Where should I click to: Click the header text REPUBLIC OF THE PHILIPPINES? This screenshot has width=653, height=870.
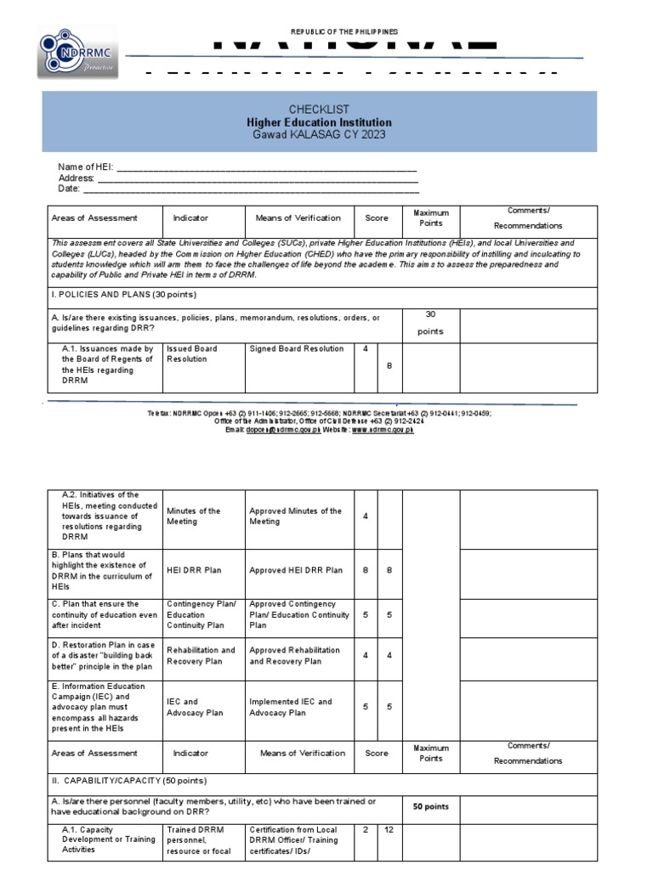point(344,31)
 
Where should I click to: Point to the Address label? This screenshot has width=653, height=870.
point(76,178)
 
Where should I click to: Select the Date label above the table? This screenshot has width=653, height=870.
point(69,189)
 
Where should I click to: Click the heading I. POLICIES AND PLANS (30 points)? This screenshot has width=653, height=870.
point(124,295)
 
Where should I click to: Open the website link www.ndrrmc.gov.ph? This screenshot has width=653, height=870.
point(383,430)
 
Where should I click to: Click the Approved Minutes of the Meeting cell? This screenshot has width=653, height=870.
point(296,517)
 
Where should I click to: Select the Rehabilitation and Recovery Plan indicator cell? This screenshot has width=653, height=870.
point(201,656)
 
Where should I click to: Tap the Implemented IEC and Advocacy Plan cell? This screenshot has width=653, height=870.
point(291,708)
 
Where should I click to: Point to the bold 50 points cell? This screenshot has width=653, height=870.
point(431,806)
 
